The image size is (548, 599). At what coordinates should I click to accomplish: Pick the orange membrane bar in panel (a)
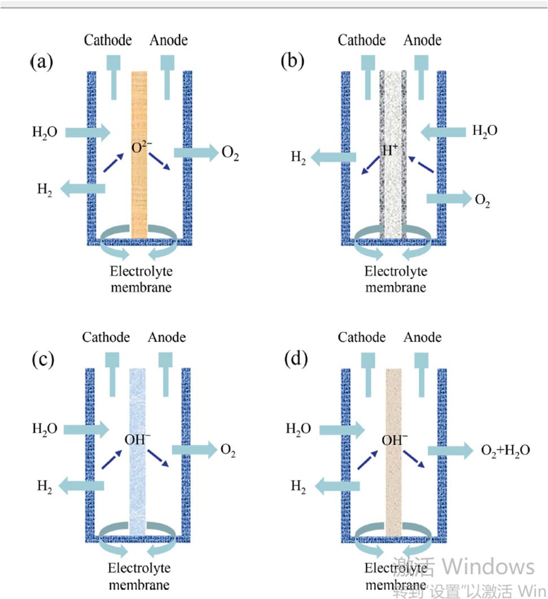pyautogui.click(x=139, y=186)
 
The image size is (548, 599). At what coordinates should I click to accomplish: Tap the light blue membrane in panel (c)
pyautogui.click(x=137, y=480)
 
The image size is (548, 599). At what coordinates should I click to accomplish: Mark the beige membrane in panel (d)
pyautogui.click(x=393, y=480)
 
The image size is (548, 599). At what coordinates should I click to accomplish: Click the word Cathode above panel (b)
pyautogui.click(x=362, y=40)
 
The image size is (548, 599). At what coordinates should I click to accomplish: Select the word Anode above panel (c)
pyautogui.click(x=167, y=338)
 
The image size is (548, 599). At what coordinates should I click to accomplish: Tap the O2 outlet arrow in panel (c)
pyautogui.click(x=194, y=450)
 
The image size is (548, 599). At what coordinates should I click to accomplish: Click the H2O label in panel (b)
pyautogui.click(x=485, y=131)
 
